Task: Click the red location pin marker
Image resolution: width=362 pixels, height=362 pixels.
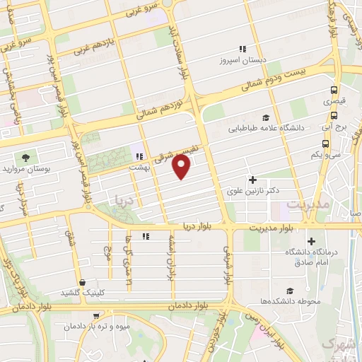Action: [182, 167]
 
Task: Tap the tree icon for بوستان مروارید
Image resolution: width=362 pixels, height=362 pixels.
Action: [26, 157]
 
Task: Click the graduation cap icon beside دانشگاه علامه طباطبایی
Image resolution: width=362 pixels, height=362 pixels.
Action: [265, 118]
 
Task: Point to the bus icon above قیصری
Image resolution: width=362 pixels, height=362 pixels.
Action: [334, 90]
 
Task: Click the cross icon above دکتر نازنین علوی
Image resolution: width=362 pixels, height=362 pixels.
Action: [252, 180]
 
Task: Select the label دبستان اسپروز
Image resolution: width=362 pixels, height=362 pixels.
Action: [242, 62]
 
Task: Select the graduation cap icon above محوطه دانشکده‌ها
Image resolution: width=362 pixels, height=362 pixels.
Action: [290, 291]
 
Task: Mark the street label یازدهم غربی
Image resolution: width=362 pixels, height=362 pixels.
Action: [93, 51]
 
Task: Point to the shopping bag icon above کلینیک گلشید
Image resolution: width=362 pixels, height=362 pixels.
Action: [83, 281]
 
